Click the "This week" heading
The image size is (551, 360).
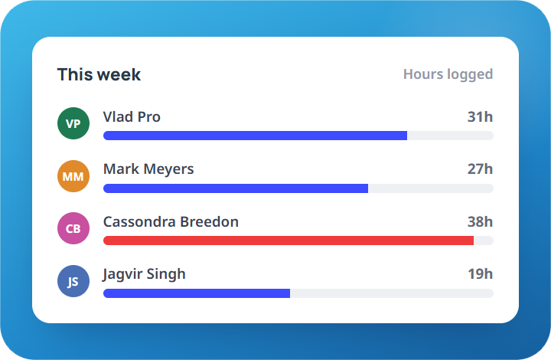tap(99, 74)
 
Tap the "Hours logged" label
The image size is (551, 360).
tap(448, 74)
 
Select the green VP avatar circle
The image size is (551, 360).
tap(73, 123)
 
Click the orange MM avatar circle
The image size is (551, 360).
tap(73, 176)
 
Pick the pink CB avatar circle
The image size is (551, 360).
tap(73, 228)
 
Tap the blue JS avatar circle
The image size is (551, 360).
tap(73, 281)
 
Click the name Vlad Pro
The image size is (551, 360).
tap(132, 116)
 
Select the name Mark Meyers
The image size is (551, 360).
tap(148, 169)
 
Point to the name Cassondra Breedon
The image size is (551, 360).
tap(171, 222)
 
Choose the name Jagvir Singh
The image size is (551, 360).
tap(144, 274)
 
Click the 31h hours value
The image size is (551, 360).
tap(480, 116)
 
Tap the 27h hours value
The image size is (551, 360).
tap(480, 169)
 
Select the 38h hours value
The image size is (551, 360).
tap(480, 222)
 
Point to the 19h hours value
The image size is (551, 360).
tap(480, 274)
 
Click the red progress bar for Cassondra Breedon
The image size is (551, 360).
tap(289, 241)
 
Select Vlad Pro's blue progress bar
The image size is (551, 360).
tap(255, 136)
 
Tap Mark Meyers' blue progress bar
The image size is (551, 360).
tap(236, 188)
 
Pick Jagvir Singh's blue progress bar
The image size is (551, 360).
tap(197, 293)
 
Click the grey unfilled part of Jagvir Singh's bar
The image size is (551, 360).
tap(392, 293)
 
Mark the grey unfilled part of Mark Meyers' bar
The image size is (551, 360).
tap(431, 188)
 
